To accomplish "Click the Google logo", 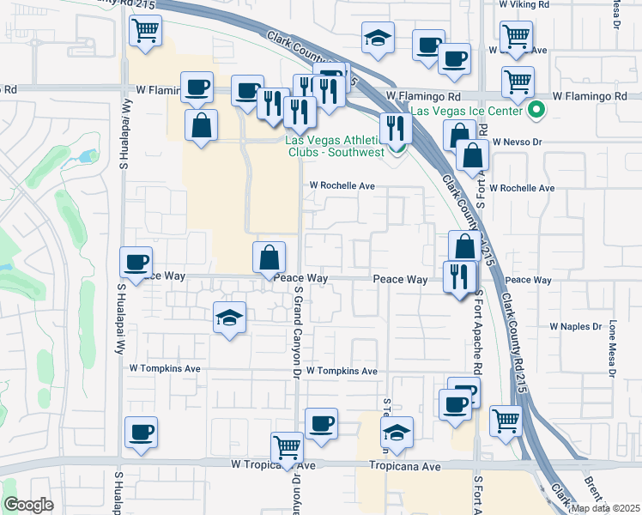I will pos(28,505).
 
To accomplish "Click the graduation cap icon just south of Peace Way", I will pos(230,318).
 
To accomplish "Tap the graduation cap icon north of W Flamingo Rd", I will pos(378,39).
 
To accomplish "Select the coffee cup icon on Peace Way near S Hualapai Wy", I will pos(137,262).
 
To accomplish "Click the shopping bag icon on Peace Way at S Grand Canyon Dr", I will pos(269,256).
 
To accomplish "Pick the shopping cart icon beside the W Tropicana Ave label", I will pos(288,447).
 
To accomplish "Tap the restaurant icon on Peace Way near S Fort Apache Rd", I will pos(459,276).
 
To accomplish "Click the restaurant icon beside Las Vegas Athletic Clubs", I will pos(395,128).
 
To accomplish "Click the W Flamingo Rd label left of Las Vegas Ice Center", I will pos(423,96).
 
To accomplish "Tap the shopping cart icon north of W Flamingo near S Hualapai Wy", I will pos(146,32).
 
